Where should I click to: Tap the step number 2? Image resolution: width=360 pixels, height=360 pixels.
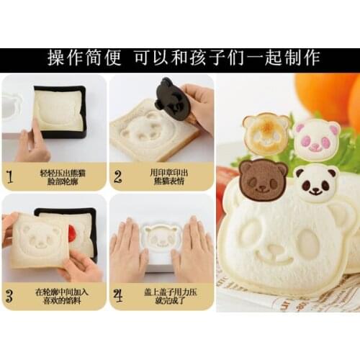pyautogui.click(x=118, y=176)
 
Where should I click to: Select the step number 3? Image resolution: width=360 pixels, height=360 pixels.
pyautogui.click(x=10, y=294)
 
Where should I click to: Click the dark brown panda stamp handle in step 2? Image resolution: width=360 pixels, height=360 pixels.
pyautogui.click(x=172, y=96)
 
